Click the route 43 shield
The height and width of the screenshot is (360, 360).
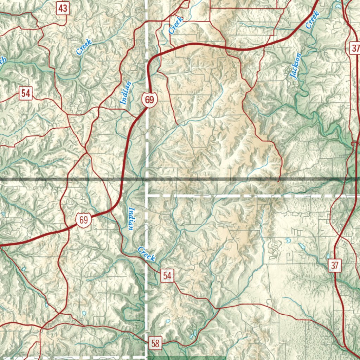point(63,8)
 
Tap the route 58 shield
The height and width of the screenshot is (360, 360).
point(155,342)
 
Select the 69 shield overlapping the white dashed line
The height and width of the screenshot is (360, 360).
point(149,100)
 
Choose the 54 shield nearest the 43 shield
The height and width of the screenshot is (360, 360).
point(26,94)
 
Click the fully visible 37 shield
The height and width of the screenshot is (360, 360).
point(334,266)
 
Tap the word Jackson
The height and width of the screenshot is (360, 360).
point(296,66)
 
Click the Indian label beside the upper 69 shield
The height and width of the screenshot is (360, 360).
point(126,93)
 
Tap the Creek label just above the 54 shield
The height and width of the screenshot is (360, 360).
point(146,254)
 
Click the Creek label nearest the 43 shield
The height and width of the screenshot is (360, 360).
point(84,47)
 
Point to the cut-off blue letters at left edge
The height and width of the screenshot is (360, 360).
point(3,60)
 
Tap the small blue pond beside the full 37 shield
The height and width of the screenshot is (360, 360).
point(328,256)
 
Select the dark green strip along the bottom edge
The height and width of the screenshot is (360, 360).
point(186,358)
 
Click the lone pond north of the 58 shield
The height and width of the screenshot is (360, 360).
point(168,321)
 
